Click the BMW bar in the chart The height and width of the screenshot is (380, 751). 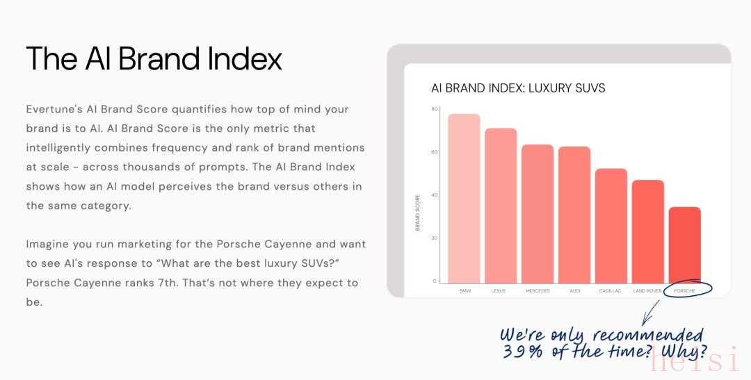tap(464, 199)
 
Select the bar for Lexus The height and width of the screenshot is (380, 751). tap(501, 206)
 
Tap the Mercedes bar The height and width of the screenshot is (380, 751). tap(538, 214)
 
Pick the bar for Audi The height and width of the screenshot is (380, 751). tap(574, 215)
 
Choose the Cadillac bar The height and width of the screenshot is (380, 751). tap(611, 226)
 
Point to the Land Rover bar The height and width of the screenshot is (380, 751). tap(648, 231)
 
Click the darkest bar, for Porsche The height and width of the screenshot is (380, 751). tap(685, 245)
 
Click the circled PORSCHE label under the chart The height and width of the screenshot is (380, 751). tap(684, 290)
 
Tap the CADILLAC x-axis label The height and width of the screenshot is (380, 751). tap(611, 290)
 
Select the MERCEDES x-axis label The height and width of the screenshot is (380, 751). tap(538, 290)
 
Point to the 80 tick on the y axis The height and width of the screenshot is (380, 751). tap(435, 109)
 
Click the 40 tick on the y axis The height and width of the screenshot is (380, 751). tap(435, 195)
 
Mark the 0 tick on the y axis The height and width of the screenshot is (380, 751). tap(435, 281)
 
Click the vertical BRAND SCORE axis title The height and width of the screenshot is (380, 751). tap(417, 213)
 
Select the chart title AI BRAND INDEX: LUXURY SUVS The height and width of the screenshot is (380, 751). tap(518, 88)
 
